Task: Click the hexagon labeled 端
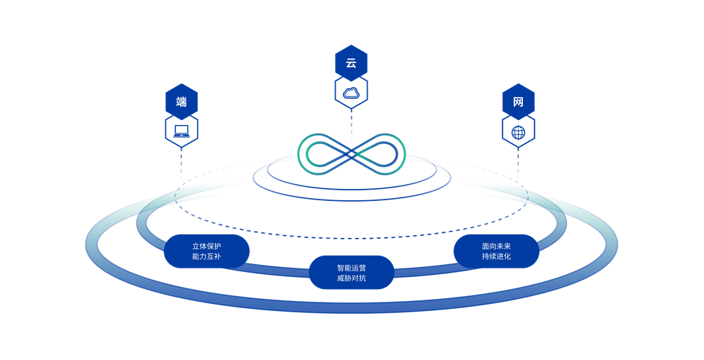click(x=182, y=102)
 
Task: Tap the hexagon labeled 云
click(x=351, y=62)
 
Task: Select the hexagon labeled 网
click(x=518, y=102)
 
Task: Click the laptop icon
click(x=182, y=131)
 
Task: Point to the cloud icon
click(x=351, y=92)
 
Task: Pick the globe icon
click(x=518, y=132)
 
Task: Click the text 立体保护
click(x=207, y=246)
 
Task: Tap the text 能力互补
click(x=207, y=256)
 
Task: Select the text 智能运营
click(x=351, y=268)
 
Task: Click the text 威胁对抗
click(x=351, y=278)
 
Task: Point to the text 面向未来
click(x=496, y=246)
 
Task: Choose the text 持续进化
click(x=496, y=256)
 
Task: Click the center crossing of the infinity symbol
click(x=351, y=153)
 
